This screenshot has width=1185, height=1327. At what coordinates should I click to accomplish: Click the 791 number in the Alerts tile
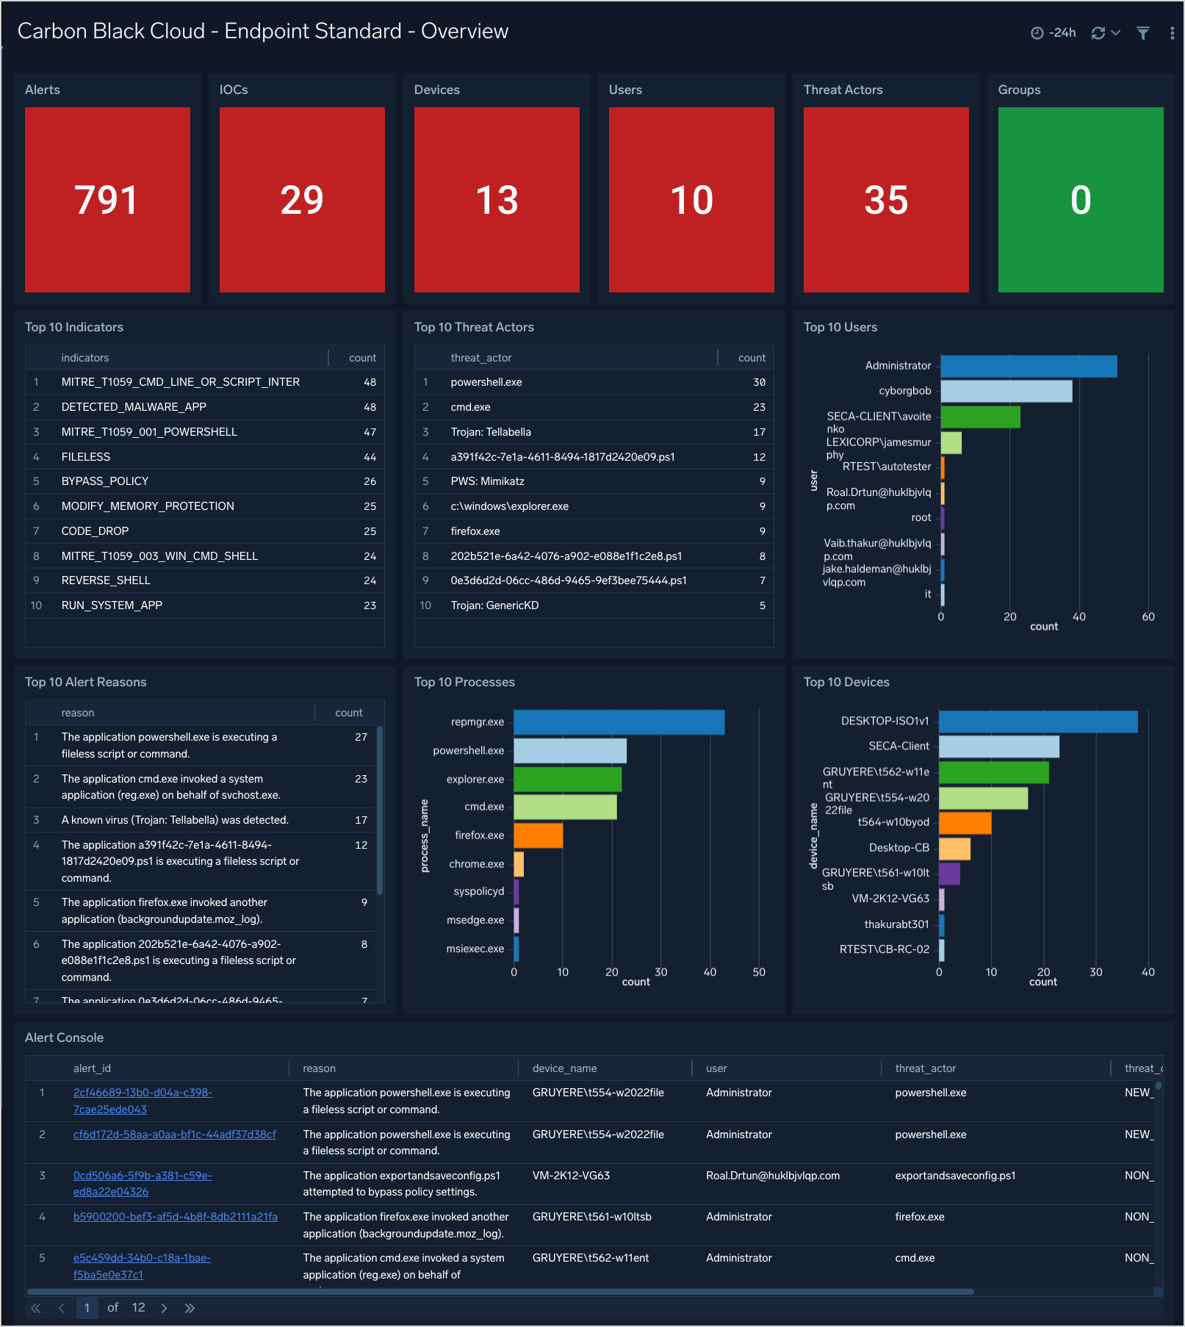pos(107,200)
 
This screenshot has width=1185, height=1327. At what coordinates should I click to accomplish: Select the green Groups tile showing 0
pos(1080,200)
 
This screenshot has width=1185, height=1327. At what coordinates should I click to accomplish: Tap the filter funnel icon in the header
pos(1142,33)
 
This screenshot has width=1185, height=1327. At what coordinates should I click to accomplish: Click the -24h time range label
pos(1062,33)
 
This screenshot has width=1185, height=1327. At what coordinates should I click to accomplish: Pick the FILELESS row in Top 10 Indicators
pos(86,457)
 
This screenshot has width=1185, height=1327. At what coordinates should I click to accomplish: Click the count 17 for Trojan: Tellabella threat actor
pos(759,432)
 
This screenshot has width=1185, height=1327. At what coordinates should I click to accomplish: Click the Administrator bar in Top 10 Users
pos(1029,366)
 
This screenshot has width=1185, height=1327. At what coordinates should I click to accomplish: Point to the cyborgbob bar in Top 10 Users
pos(1006,391)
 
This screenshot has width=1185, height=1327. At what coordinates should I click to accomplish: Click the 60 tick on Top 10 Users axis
pos(1148,617)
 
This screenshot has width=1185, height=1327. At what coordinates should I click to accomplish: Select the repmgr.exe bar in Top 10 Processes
pos(619,722)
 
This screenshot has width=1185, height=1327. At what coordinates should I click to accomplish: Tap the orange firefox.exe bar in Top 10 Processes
pos(538,835)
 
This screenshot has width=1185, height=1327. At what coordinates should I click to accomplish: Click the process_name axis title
pos(425,836)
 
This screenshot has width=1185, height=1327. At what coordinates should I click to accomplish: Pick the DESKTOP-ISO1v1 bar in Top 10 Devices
pos(1037,722)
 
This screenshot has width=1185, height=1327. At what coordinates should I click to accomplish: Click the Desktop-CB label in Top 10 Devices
pos(898,848)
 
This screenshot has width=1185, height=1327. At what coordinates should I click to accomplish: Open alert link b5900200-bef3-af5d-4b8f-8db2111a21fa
pos(176,1217)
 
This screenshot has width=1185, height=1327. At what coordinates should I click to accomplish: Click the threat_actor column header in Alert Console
pos(925,1068)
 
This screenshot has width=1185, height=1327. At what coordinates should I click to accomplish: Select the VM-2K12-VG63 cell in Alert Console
pos(571,1176)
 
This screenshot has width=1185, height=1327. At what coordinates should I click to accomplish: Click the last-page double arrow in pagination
pos(190,1308)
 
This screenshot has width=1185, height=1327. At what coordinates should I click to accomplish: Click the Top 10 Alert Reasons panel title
pos(86,682)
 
